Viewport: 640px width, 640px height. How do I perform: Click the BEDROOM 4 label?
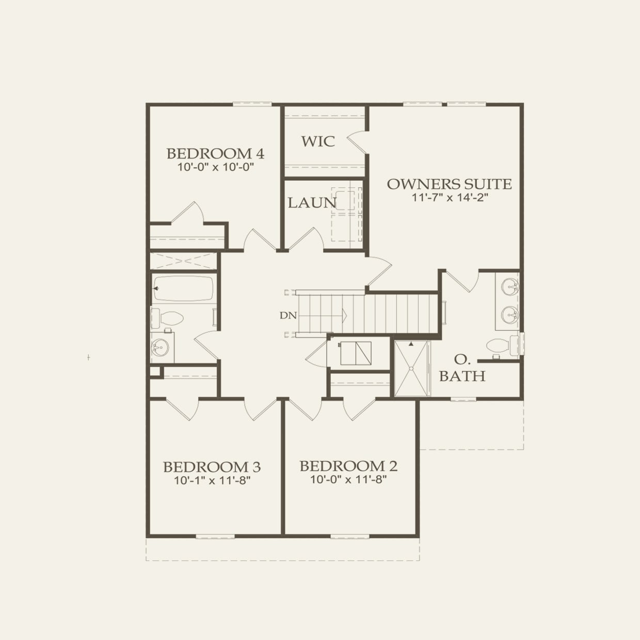click(215, 153)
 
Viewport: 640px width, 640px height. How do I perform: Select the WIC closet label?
click(318, 141)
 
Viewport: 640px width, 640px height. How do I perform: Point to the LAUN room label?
click(312, 203)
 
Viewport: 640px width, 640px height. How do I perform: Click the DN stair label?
click(289, 315)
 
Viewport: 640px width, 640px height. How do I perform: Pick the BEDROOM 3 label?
click(212, 467)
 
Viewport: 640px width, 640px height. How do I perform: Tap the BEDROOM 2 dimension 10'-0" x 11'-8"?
click(348, 479)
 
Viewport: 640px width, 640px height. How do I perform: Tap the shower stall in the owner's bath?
click(412, 368)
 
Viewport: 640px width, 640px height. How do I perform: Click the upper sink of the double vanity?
click(510, 287)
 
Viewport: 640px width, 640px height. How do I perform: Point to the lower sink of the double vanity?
click(510, 314)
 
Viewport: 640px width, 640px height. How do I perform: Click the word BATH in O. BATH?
click(462, 376)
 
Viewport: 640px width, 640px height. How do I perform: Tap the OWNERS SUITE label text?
click(449, 184)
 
